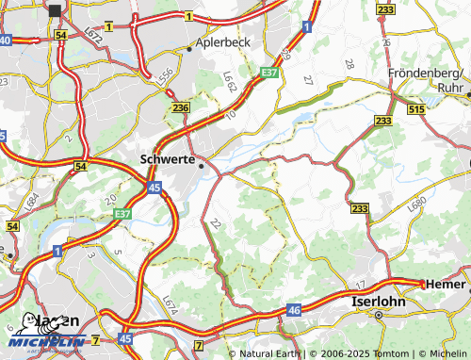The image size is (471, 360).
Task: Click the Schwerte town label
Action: coord(167,159)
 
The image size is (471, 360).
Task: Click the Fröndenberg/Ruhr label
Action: coord(428,79)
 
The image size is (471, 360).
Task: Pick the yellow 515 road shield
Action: coord(417,110)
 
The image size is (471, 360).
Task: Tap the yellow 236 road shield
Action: coord(181,109)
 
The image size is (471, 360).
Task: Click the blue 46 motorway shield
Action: coord(294,308)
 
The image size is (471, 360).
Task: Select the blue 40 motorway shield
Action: coord(6,41)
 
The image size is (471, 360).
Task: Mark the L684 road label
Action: coord(32,202)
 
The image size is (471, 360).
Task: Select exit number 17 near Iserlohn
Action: coord(360,284)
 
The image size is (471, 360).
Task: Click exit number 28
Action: coord(349,63)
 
